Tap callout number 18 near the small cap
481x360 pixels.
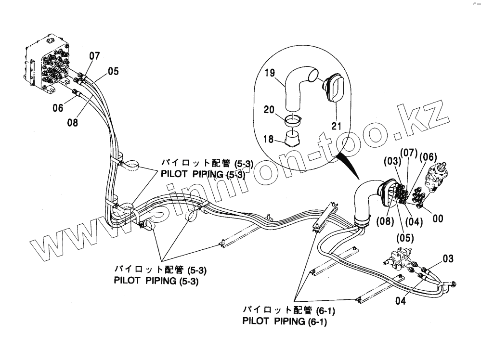[269, 139]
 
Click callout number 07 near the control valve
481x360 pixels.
[94, 56]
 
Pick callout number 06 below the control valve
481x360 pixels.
[58, 108]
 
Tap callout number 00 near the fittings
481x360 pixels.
[438, 218]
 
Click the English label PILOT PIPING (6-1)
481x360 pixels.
[285, 321]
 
